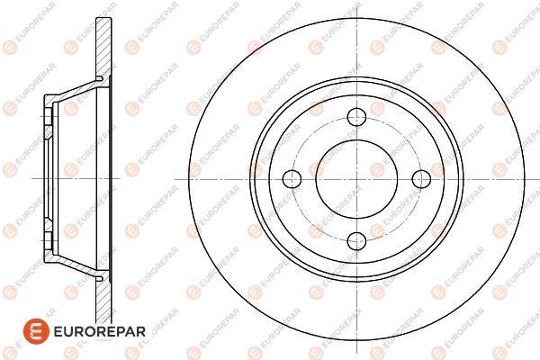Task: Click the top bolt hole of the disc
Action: [x=356, y=117]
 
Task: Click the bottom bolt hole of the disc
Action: [x=356, y=241]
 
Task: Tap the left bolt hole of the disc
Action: [x=292, y=179]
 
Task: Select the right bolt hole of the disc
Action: [x=421, y=179]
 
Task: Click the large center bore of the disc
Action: [x=356, y=179]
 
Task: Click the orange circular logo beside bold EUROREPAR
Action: [x=37, y=331]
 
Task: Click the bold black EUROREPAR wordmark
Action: [x=100, y=331]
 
